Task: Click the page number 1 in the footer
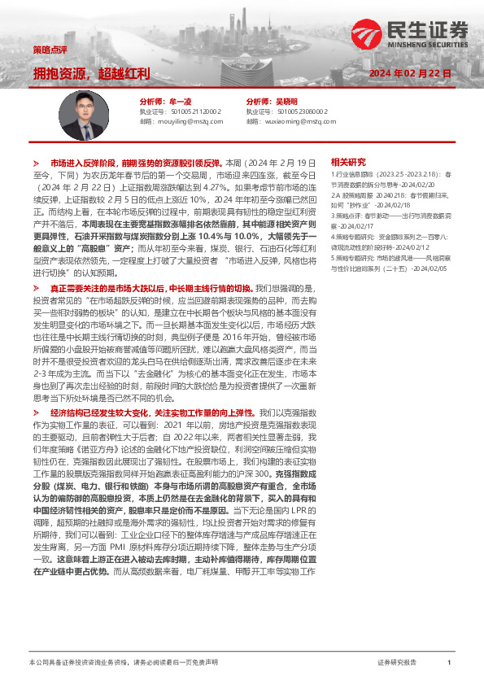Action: click(x=448, y=664)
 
